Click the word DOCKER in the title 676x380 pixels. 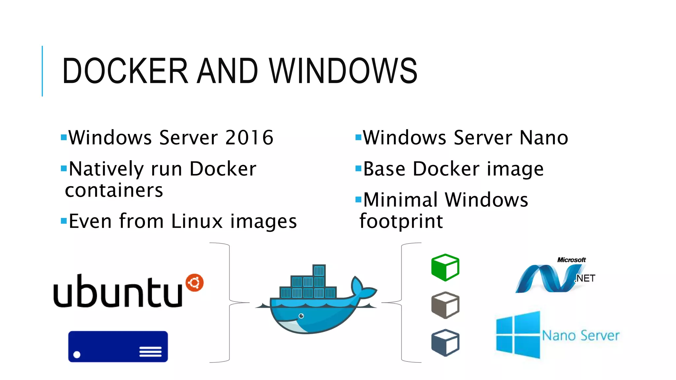125,71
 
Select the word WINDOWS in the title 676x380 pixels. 343,71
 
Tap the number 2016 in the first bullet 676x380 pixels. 249,138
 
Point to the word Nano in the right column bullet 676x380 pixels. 544,138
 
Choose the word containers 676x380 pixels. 114,190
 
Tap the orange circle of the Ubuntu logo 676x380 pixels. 194,283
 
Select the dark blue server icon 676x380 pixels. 118,346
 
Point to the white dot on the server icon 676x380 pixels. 77,355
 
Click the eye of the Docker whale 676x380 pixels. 301,316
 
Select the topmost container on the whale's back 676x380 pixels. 319,271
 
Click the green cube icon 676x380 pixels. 445,268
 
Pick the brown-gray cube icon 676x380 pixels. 445,305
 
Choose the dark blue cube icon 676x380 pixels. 445,343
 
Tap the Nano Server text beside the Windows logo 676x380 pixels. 581,335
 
